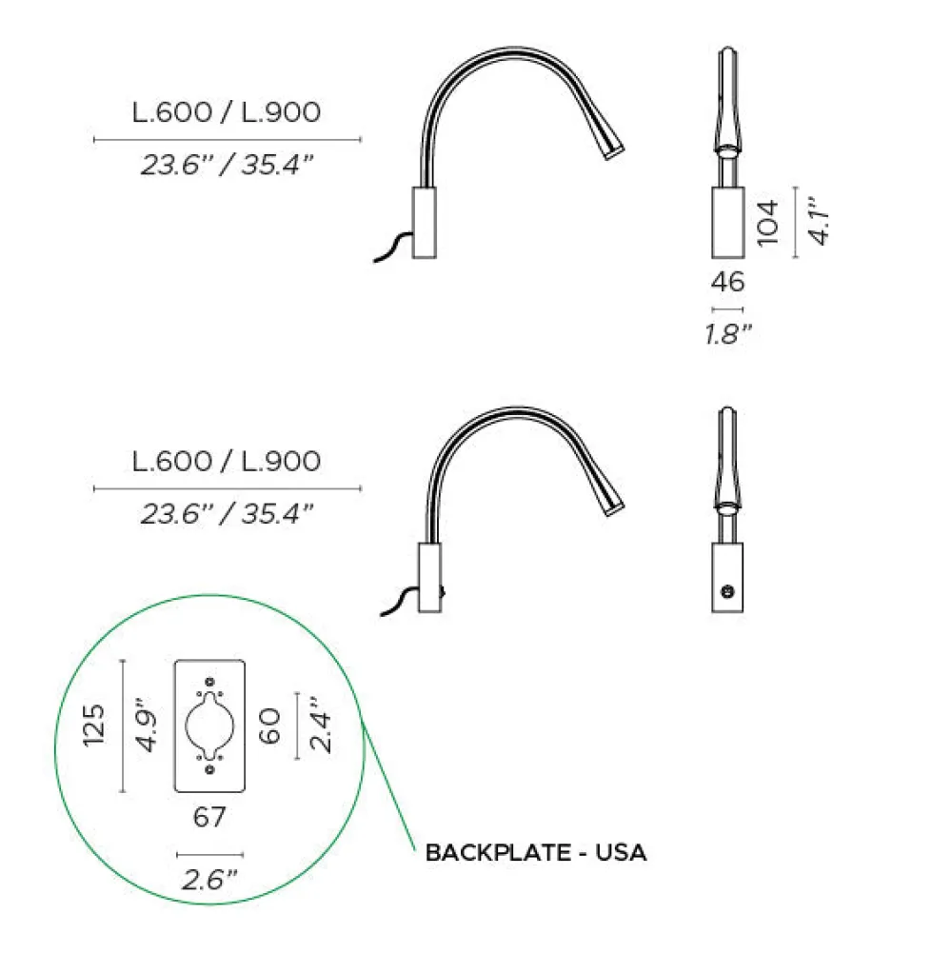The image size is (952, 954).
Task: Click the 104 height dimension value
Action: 769,221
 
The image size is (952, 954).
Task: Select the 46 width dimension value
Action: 727,282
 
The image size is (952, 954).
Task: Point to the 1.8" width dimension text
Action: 727,333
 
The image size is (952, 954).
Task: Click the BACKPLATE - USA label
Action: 536,852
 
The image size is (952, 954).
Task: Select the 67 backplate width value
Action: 209,818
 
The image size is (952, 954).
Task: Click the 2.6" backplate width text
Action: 209,881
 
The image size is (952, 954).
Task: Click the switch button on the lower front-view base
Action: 728,591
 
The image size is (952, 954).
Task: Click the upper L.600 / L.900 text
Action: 227,112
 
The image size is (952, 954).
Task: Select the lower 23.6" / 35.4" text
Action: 227,515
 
